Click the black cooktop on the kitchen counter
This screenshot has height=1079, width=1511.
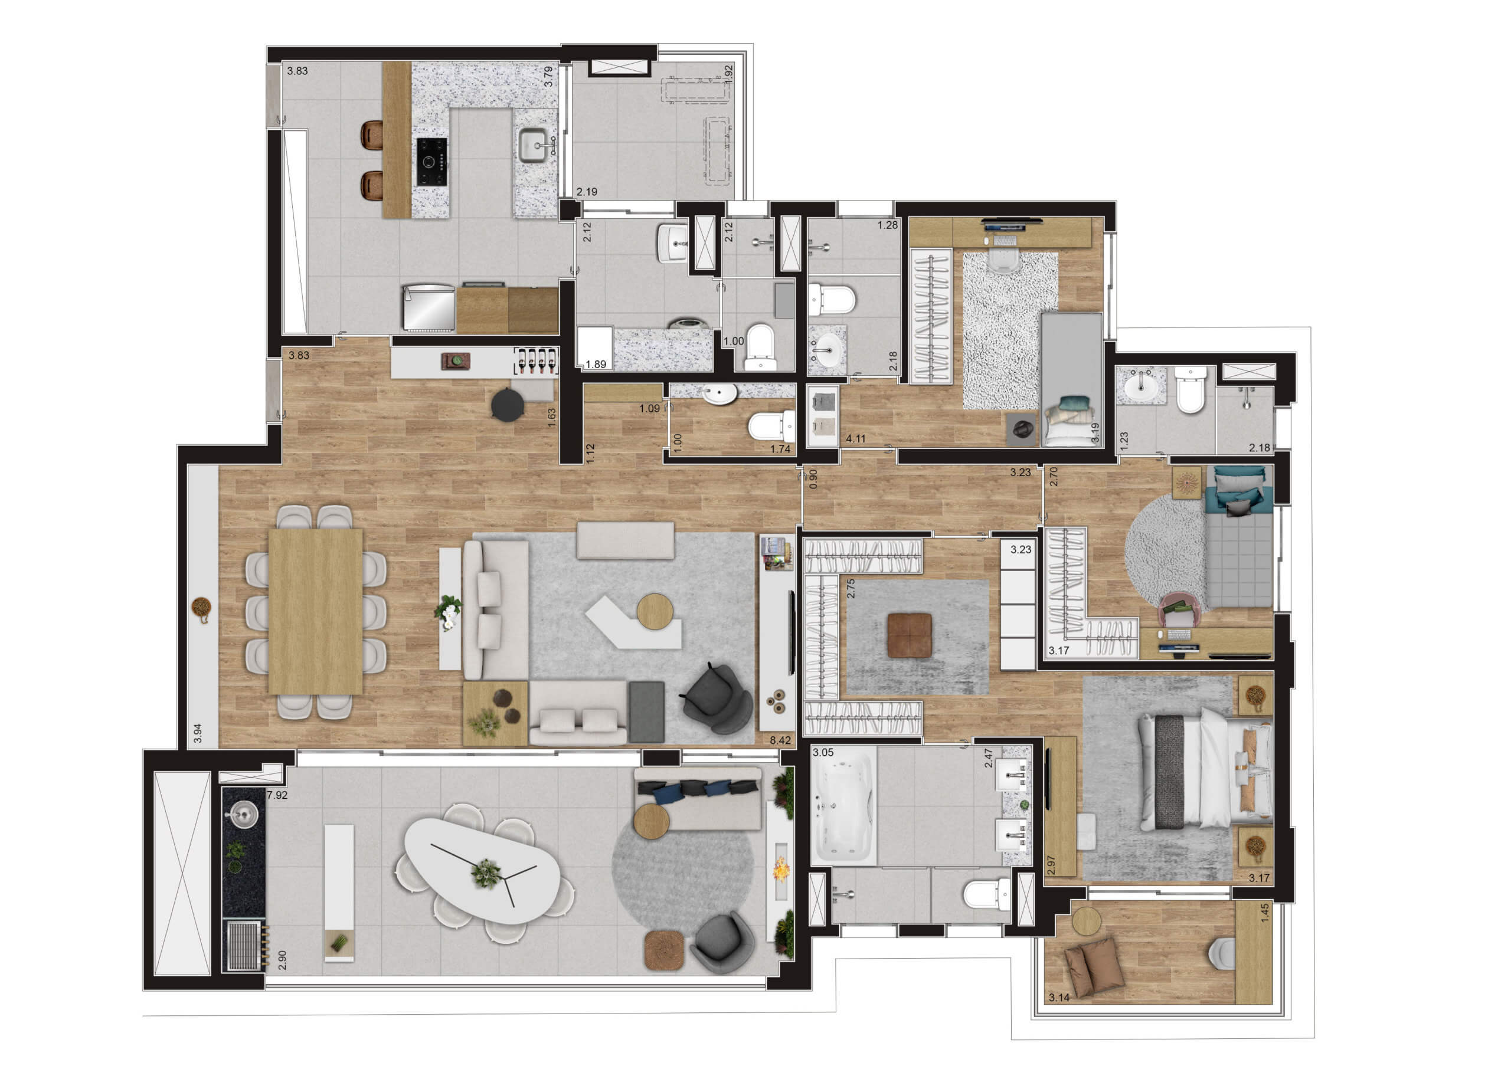[x=431, y=162]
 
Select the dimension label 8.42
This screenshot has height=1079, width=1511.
[x=780, y=739]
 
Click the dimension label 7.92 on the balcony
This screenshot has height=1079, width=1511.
[x=277, y=795]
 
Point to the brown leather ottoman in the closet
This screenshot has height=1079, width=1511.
[x=910, y=635]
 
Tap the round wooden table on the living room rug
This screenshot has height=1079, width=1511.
[x=654, y=611]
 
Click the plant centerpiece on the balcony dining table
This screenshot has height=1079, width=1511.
[x=486, y=873]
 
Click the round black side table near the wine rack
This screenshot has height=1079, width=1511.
[x=508, y=404]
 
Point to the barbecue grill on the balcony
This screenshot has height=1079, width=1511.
[x=243, y=944]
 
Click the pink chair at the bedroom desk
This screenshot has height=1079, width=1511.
[x=1179, y=610]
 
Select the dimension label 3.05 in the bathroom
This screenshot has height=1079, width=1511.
[x=823, y=752]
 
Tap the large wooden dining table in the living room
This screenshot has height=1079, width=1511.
[x=315, y=611]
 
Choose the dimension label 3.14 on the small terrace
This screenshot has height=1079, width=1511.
[x=1059, y=997]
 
